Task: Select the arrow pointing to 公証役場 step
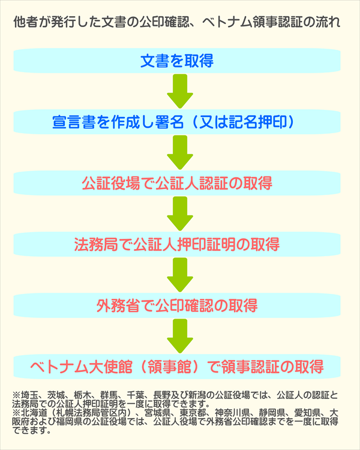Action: (x=179, y=152)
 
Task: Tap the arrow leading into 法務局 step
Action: (x=179, y=214)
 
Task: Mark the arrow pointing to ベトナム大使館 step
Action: (x=179, y=336)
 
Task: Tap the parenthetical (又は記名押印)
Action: (x=245, y=122)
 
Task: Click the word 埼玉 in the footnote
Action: (x=28, y=395)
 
